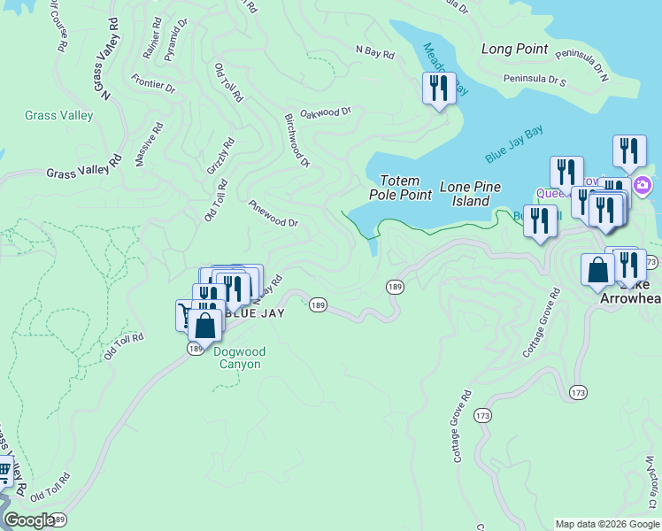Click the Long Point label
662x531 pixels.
[516, 49]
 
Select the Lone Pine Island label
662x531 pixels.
[470, 194]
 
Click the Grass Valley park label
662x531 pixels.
[59, 115]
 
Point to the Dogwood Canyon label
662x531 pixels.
[238, 358]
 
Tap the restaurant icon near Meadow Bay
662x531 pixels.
[439, 88]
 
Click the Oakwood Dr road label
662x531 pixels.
[326, 112]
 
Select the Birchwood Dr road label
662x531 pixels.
[297, 140]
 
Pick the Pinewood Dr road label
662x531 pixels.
[273, 213]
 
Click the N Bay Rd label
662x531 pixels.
[374, 53]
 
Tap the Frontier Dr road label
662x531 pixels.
[153, 85]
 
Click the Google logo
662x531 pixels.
[28, 519]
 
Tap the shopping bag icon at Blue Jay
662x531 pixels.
[204, 325]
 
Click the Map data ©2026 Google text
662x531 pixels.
[606, 524]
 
